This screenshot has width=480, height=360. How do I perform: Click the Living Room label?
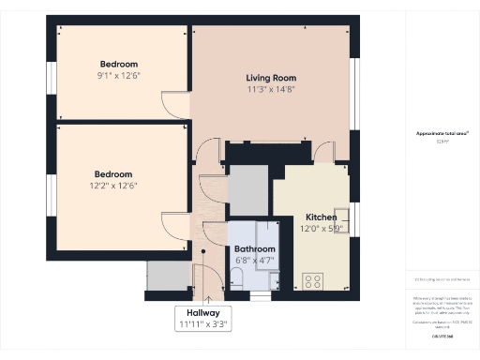(271, 78)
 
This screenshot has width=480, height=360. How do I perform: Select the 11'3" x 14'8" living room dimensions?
(271, 90)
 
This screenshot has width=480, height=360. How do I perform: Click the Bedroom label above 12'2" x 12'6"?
(112, 173)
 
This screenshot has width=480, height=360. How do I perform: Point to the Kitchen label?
(321, 217)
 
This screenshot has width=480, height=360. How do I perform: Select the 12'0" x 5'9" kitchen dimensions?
(322, 228)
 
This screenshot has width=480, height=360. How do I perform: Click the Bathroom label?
(255, 248)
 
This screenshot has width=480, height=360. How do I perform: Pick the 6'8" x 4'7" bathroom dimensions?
(255, 260)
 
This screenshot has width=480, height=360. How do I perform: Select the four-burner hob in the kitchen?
(313, 279)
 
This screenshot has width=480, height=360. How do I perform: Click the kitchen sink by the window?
(341, 218)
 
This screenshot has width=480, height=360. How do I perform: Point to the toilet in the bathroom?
(236, 277)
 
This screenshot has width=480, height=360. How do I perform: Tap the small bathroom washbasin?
(273, 279)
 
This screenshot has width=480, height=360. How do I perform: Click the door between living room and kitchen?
(323, 153)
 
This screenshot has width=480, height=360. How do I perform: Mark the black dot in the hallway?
(202, 251)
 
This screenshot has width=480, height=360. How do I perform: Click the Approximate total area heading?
(442, 133)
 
